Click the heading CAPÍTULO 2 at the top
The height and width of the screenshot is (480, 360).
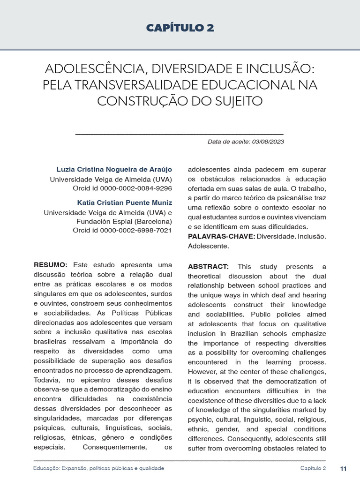[x=180, y=28]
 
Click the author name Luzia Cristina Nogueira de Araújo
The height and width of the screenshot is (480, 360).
[x=114, y=169]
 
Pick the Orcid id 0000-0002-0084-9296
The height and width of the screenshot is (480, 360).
[x=122, y=188]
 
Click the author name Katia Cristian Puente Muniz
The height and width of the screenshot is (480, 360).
[x=124, y=202]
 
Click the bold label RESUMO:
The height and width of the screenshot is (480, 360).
[x=51, y=265]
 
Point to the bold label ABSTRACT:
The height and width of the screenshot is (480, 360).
[x=208, y=267]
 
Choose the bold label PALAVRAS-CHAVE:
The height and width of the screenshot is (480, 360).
[x=221, y=236]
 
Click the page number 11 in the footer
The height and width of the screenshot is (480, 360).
[x=343, y=469]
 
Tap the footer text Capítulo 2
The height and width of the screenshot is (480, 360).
[x=313, y=469]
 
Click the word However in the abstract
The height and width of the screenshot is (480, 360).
[x=202, y=372]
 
